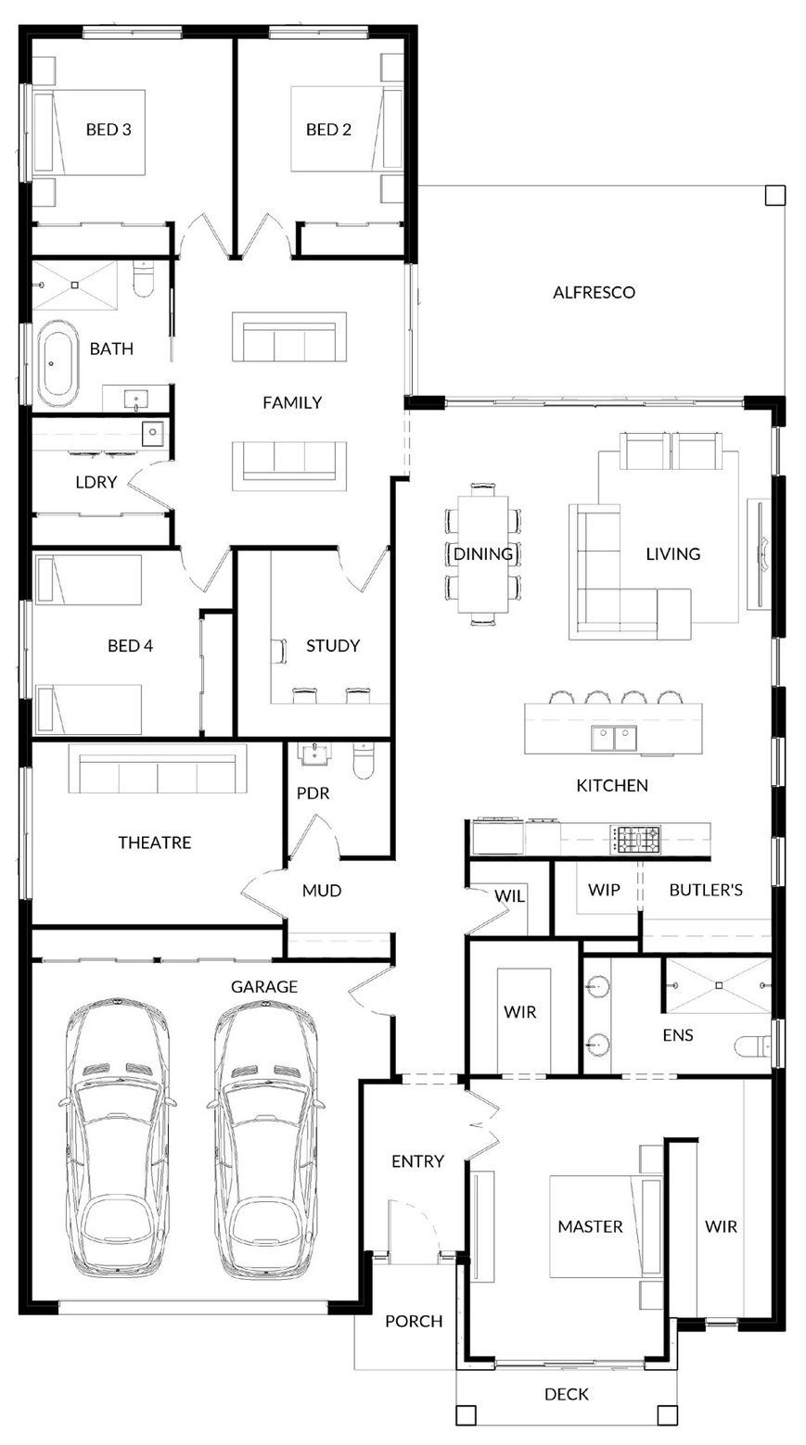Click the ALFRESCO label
click(x=594, y=292)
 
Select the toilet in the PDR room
click(x=364, y=761)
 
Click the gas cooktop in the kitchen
click(x=635, y=839)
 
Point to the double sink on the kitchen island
click(x=614, y=738)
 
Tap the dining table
click(x=482, y=554)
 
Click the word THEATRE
click(x=155, y=843)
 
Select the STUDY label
click(x=333, y=646)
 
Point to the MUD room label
click(x=321, y=891)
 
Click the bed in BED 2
click(x=347, y=130)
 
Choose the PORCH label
click(x=414, y=1322)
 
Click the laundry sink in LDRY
click(x=153, y=432)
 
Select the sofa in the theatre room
click(x=158, y=768)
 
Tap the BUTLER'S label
click(x=706, y=890)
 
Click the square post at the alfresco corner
click(x=775, y=196)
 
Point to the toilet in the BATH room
click(x=143, y=279)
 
